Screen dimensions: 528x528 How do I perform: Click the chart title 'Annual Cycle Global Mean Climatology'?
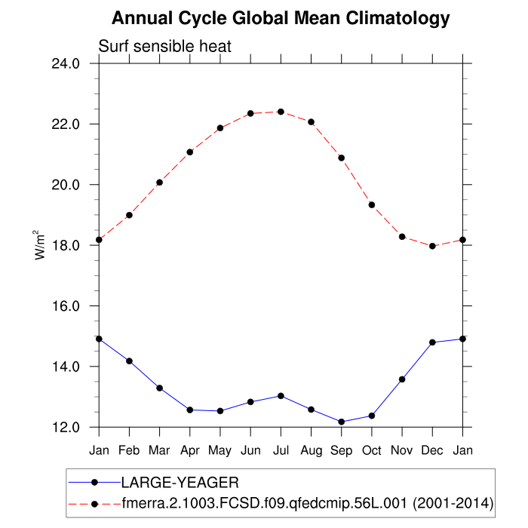tap(281, 18)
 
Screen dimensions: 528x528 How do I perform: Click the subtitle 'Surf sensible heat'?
tap(164, 47)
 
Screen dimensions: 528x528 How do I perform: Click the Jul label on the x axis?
tap(281, 450)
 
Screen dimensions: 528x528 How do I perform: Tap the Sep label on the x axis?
tap(341, 450)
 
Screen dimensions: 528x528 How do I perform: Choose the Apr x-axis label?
tap(189, 450)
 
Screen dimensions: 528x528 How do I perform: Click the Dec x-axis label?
tap(432, 450)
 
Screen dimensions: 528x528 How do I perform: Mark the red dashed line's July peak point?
tap(281, 112)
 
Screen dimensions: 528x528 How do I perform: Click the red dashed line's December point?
tap(432, 246)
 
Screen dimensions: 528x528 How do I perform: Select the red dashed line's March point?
tap(159, 183)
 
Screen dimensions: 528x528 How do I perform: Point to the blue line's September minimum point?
tap(341, 422)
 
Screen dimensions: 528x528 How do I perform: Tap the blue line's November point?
tap(402, 379)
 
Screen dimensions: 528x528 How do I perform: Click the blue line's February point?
tap(129, 361)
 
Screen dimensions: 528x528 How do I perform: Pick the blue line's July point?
tap(281, 396)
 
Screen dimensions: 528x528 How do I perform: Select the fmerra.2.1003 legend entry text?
tap(307, 502)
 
